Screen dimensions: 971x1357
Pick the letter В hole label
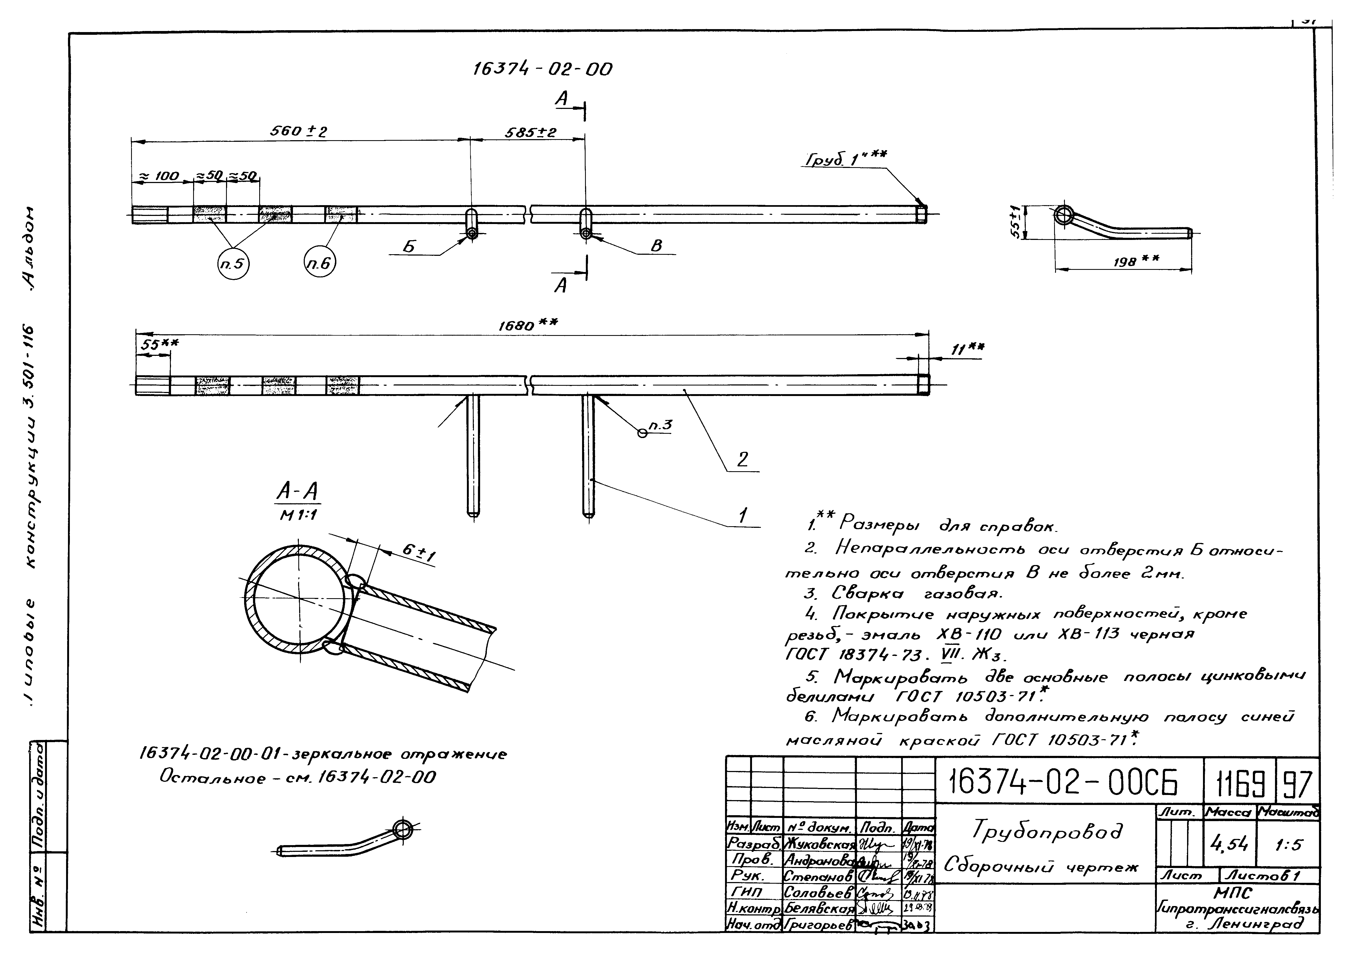[x=656, y=246]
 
